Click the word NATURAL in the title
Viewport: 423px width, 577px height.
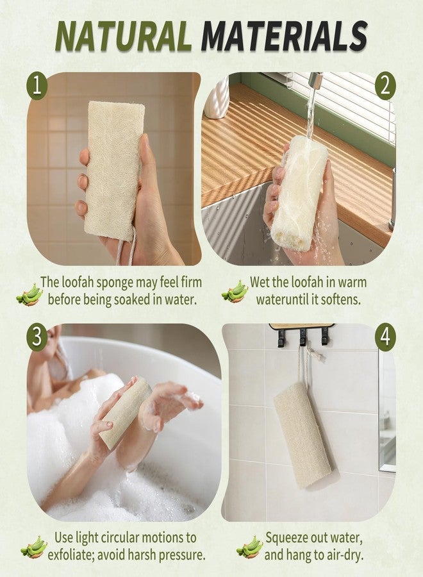124,35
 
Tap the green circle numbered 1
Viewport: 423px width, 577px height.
37,87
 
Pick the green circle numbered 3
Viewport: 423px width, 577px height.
37,336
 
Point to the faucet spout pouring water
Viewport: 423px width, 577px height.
314,80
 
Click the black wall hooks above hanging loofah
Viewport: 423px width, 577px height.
301,335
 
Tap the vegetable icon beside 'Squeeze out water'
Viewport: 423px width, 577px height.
249,546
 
